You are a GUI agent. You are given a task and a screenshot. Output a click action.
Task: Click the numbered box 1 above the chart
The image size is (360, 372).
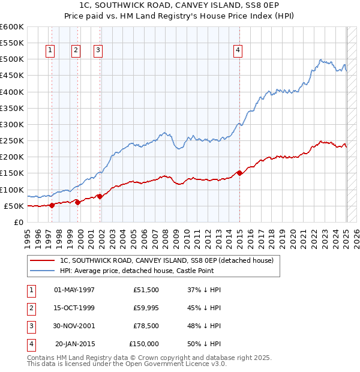click(x=49, y=50)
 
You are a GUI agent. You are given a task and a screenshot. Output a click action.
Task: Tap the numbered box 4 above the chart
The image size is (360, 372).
click(x=238, y=50)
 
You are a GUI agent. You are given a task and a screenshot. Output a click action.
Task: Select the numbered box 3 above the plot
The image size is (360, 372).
click(x=97, y=50)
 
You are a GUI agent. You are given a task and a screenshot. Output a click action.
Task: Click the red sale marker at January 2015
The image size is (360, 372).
click(x=239, y=173)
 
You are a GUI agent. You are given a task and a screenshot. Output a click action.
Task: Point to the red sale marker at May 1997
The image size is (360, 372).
click(x=52, y=205)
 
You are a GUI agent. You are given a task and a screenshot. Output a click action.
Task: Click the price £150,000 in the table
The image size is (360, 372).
click(x=144, y=344)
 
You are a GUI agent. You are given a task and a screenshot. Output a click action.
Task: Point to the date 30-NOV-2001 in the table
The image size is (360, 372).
click(x=74, y=326)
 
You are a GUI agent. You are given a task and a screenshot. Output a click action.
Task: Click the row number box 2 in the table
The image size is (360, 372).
click(x=31, y=308)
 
